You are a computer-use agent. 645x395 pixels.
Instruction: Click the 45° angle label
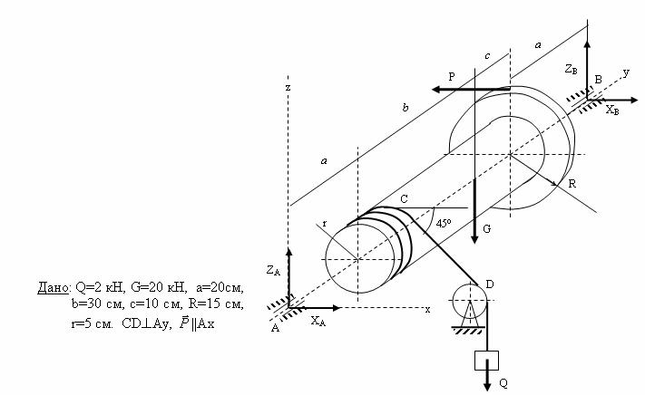(x=444, y=224)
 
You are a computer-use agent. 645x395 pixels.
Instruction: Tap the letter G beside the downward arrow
(x=486, y=228)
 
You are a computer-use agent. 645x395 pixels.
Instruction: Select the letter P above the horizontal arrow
(x=452, y=76)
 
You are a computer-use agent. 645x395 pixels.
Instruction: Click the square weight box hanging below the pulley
(x=486, y=361)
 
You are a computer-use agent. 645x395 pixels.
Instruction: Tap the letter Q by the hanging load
(x=503, y=383)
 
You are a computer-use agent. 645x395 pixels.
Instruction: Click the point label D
(x=490, y=284)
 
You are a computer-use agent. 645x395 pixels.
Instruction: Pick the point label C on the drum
(x=404, y=199)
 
